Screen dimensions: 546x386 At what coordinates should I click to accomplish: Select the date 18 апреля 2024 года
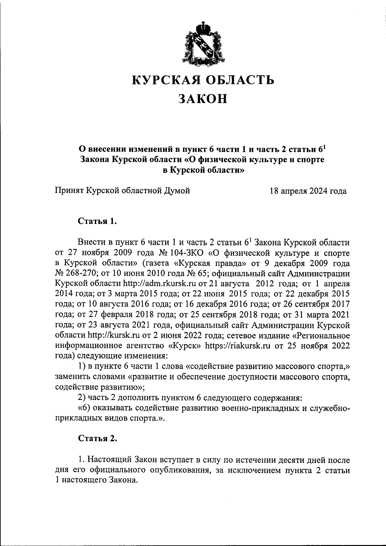click(x=308, y=191)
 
